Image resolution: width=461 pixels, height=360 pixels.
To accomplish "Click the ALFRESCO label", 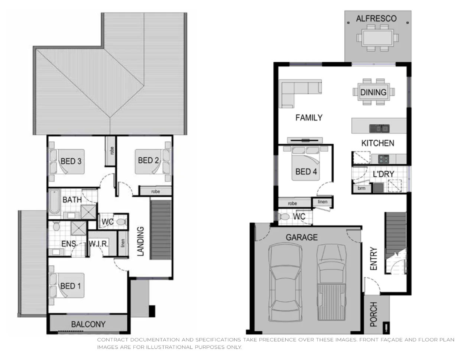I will click(x=376, y=19).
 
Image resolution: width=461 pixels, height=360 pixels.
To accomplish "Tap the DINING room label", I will click(x=373, y=92).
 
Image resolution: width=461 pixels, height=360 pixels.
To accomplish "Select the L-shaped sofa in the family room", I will click(x=297, y=91).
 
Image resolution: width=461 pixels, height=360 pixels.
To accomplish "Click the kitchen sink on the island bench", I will click(x=379, y=128).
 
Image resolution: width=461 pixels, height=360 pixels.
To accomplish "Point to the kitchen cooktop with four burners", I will click(x=383, y=159).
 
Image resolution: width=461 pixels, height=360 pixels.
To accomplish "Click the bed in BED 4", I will click(x=306, y=163).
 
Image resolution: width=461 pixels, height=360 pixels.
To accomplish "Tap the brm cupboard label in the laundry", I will click(x=361, y=189).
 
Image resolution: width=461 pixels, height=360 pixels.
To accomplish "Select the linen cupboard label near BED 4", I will click(x=322, y=202).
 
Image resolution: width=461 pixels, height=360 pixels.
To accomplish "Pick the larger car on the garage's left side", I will click(x=285, y=282).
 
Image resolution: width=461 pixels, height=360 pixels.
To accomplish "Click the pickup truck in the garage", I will click(x=331, y=282).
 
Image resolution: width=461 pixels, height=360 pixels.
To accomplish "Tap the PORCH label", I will click(x=373, y=314).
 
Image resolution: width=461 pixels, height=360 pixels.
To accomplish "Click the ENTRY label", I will click(x=373, y=259).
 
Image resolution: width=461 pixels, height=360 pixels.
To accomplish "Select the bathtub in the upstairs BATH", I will click(x=54, y=202).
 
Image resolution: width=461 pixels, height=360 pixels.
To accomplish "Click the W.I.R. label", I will click(x=98, y=244).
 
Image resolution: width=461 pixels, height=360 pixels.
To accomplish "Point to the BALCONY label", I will click(x=88, y=324).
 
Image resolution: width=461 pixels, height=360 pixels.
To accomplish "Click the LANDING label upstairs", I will click(x=140, y=241).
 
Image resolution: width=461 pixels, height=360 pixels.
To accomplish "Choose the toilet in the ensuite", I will click(x=56, y=226).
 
